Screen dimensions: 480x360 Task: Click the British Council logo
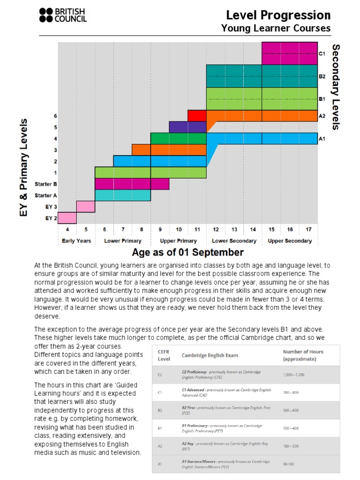coord(63,15)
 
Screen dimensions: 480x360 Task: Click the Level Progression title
coord(278,15)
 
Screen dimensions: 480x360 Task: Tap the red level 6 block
coord(197,115)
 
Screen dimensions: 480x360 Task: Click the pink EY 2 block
coord(67,218)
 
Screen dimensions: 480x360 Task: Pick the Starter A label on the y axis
coord(46,195)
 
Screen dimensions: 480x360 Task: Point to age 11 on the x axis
coord(197,230)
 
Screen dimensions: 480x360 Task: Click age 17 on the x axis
coord(308,230)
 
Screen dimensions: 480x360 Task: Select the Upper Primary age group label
coord(179,241)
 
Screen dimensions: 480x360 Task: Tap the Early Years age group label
coord(76,241)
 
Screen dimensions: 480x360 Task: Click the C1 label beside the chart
coord(322,54)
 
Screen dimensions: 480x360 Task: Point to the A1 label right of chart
coord(322,139)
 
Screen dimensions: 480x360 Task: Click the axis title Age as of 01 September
coord(187,253)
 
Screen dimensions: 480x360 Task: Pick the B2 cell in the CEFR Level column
coord(160,410)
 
